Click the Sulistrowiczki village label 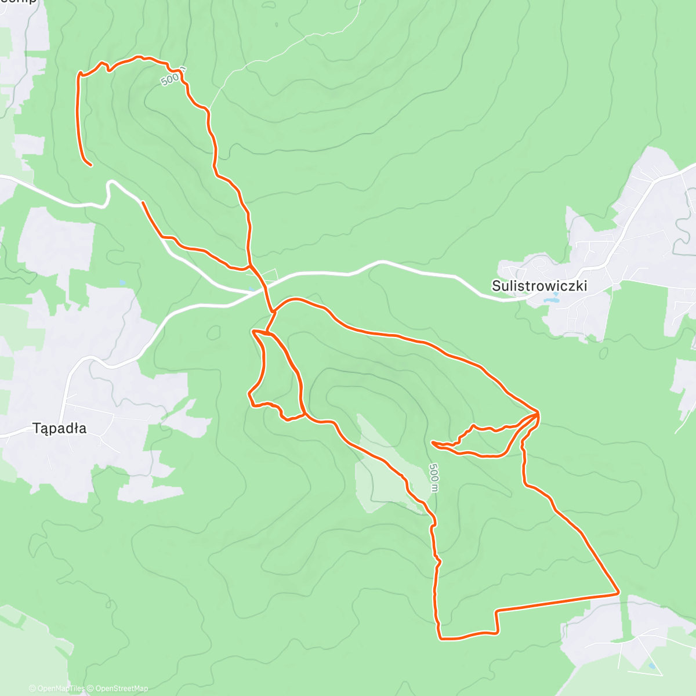pyautogui.click(x=539, y=286)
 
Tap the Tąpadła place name pyautogui.click(x=60, y=429)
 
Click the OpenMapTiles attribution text pyautogui.click(x=57, y=688)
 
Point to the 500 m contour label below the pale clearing pyautogui.click(x=434, y=477)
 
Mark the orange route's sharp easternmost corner pyautogui.click(x=619, y=593)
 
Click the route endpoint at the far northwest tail pyautogui.click(x=91, y=165)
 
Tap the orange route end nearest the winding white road pyautogui.click(x=142, y=202)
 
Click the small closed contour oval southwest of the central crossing pyautogui.click(x=213, y=333)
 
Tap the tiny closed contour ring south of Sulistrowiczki pyautogui.click(x=603, y=353)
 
